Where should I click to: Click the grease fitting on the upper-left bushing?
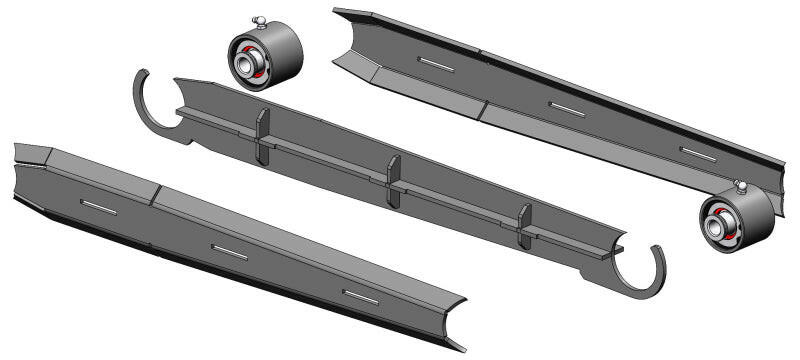(258, 21)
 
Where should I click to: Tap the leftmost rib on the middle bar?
(262, 134)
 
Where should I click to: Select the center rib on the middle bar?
(393, 179)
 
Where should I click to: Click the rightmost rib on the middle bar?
(524, 224)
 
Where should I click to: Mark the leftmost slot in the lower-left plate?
(99, 206)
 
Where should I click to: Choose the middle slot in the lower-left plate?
(229, 252)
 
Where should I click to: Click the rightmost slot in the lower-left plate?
(360, 297)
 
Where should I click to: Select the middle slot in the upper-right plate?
(568, 108)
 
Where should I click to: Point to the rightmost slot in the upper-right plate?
(698, 153)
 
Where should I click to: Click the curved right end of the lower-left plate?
(455, 318)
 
